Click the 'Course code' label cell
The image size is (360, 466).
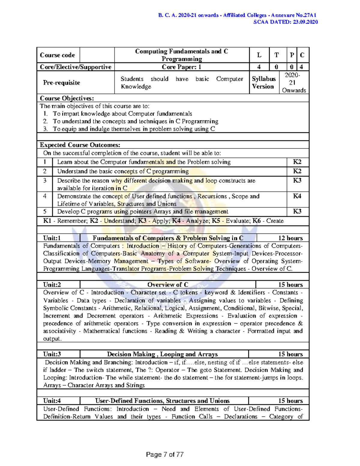(x=58, y=55)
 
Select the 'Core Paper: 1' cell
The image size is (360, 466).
(x=181, y=67)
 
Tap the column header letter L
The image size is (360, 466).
(x=259, y=55)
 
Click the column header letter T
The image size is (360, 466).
(x=276, y=55)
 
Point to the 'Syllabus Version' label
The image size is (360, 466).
(x=263, y=83)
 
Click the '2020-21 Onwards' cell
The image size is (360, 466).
(x=294, y=83)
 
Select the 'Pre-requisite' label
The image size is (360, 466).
(x=61, y=83)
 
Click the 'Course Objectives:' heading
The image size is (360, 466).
(x=67, y=98)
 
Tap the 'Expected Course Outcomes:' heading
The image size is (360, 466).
(x=80, y=145)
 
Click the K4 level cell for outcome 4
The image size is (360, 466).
(x=297, y=196)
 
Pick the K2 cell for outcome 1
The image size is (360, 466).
(x=297, y=162)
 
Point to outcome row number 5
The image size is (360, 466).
(x=45, y=212)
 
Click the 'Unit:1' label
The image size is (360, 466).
(x=52, y=238)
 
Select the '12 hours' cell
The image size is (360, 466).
(x=290, y=238)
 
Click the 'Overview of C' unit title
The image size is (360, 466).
(x=168, y=285)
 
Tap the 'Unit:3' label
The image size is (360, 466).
(x=52, y=354)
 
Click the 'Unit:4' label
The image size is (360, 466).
(x=52, y=401)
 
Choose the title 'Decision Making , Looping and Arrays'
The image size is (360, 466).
(x=162, y=354)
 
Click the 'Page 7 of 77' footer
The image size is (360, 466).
(x=165, y=455)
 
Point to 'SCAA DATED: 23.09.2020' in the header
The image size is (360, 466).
(x=285, y=22)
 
